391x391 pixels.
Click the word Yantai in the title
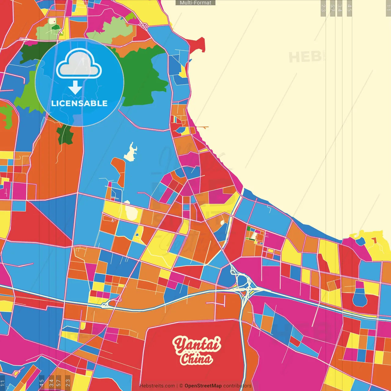pyautogui.click(x=197, y=345)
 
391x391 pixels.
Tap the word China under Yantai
pyautogui.click(x=196, y=359)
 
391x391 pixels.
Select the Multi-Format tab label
pyautogui.click(x=195, y=3)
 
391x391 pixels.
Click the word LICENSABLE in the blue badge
pyautogui.click(x=79, y=103)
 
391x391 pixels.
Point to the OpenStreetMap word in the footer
pyautogui.click(x=203, y=386)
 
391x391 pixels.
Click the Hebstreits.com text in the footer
pyautogui.click(x=157, y=386)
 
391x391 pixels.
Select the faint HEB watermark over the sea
pyautogui.click(x=305, y=57)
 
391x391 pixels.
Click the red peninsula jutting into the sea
pyautogui.click(x=197, y=45)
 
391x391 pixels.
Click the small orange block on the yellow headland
pyautogui.click(x=374, y=240)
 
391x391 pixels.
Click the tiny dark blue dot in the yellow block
pyautogui.click(x=137, y=235)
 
